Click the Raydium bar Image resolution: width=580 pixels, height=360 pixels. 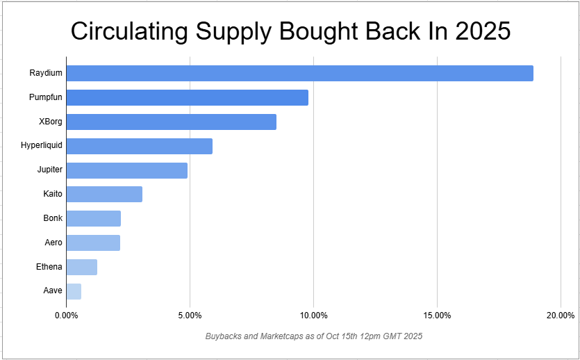click(299, 73)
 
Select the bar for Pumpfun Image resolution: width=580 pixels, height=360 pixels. click(187, 97)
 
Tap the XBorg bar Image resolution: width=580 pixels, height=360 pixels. click(171, 122)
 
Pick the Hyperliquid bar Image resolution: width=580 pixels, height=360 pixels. click(139, 146)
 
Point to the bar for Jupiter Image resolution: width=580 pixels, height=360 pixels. click(126, 170)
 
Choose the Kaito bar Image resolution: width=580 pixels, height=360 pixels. click(104, 194)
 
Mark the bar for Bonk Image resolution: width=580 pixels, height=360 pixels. click(93, 218)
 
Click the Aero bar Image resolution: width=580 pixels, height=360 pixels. click(93, 243)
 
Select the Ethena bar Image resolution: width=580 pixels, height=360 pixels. click(81, 267)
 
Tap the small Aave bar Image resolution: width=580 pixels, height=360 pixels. click(74, 291)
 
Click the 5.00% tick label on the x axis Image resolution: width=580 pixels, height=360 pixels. click(190, 316)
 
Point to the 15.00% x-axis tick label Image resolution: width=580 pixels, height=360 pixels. click(437, 316)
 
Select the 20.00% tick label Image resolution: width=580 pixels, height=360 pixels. click(560, 316)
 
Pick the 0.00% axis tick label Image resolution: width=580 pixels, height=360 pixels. click(67, 316)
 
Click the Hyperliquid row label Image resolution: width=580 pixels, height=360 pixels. click(42, 146)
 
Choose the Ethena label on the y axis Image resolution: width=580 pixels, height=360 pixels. click(49, 267)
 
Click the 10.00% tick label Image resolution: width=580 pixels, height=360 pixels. click(313, 316)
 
